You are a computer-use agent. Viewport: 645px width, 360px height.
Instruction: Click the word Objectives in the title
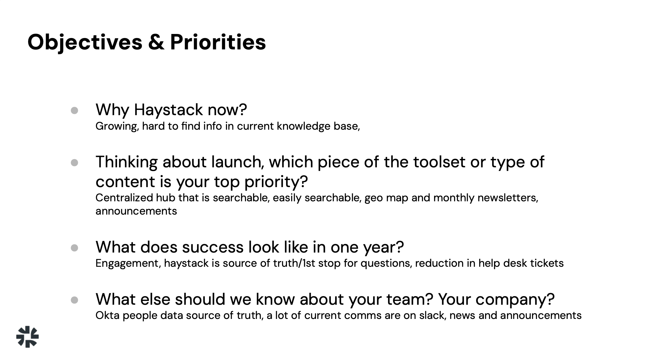click(85, 43)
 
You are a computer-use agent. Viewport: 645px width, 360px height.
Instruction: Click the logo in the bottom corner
click(27, 337)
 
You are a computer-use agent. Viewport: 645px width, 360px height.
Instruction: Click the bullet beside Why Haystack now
click(74, 111)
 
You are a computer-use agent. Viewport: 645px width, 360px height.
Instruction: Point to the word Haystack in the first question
click(168, 110)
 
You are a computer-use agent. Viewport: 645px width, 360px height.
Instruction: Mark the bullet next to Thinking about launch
click(74, 163)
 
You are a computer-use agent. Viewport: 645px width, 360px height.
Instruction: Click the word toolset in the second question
click(439, 162)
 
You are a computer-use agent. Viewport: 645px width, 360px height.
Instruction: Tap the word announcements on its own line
click(136, 211)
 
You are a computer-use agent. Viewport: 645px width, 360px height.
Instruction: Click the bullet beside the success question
click(74, 248)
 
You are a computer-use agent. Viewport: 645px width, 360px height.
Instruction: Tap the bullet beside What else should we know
click(74, 300)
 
